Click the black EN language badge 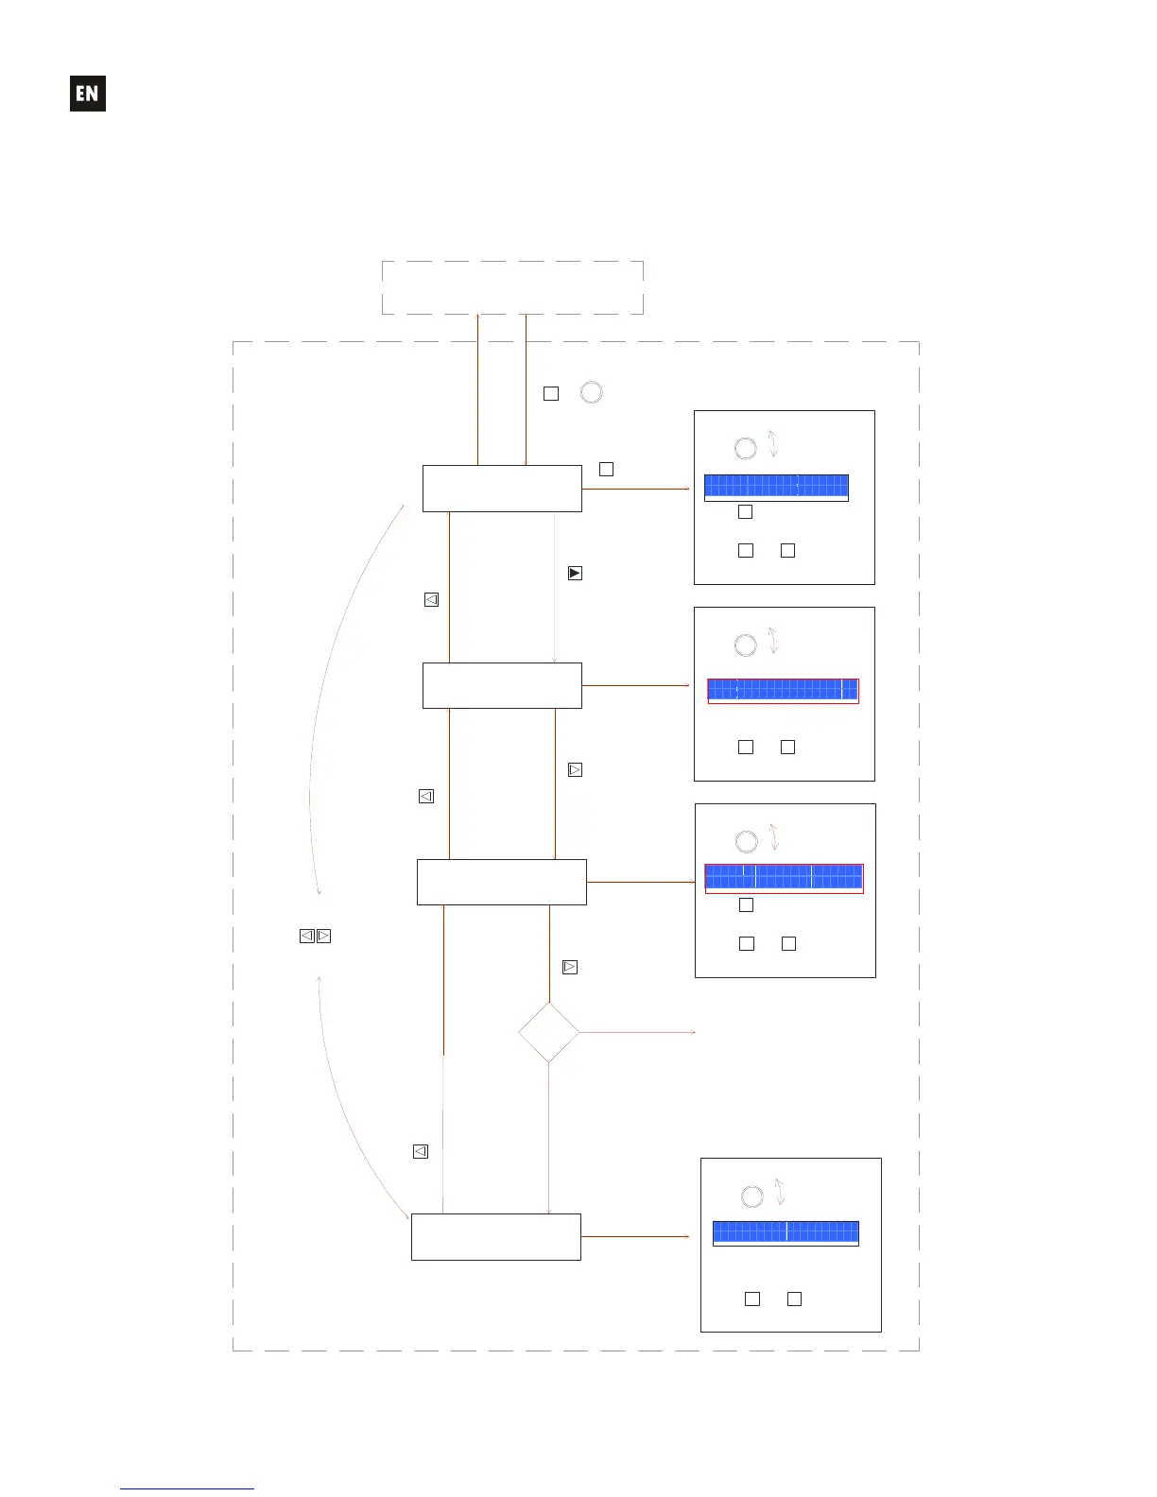pos(88,94)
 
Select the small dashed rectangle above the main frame pos(512,287)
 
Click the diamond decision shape pos(548,1032)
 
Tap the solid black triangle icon pos(575,573)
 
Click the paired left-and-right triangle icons pos(315,936)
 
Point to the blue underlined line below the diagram pos(187,1488)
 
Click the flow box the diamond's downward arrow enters pos(495,1237)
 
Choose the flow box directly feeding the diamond pos(501,882)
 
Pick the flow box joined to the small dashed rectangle pos(501,489)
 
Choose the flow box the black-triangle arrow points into pos(501,685)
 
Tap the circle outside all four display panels pos(591,392)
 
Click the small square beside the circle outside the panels pos(551,393)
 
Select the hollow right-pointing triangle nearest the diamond pos(570,967)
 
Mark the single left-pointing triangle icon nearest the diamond pos(421,1151)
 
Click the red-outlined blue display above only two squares pos(783,690)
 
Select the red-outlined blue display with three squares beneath pos(784,878)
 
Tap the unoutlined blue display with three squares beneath pos(776,487)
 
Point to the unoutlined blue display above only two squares pos(786,1232)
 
